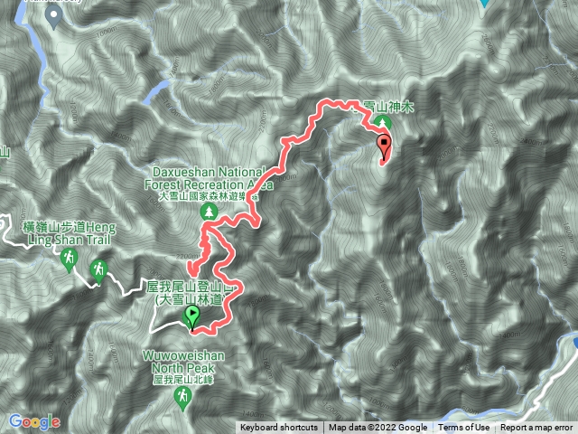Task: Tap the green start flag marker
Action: pyautogui.click(x=192, y=316)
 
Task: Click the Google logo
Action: pyautogui.click(x=33, y=422)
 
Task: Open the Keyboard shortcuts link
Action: pyautogui.click(x=278, y=428)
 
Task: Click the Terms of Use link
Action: pyautogui.click(x=465, y=428)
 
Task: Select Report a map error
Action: pyautogui.click(x=536, y=428)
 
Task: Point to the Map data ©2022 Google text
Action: pyautogui.click(x=378, y=428)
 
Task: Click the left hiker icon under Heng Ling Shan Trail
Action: pyautogui.click(x=69, y=261)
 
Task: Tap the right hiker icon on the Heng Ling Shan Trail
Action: pyautogui.click(x=98, y=269)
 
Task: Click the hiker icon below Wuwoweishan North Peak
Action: pyautogui.click(x=184, y=397)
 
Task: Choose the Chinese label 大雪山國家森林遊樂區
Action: pyautogui.click(x=207, y=193)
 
